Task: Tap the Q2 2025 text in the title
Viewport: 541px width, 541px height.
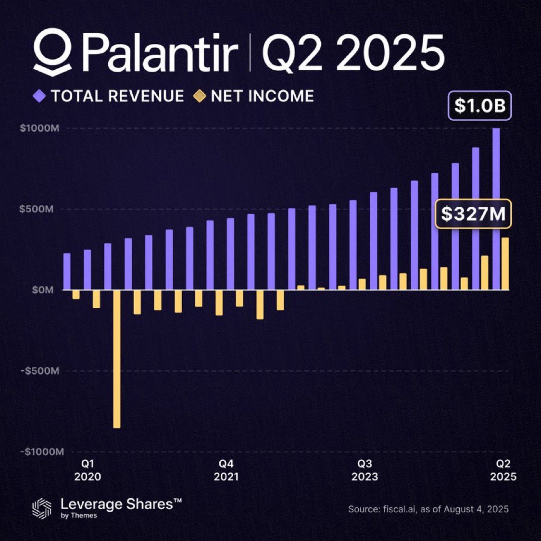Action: click(x=353, y=52)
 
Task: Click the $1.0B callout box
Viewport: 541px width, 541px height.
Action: click(x=479, y=106)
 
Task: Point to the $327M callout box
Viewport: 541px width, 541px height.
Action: click(x=473, y=214)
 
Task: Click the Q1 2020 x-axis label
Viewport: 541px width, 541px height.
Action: click(x=87, y=470)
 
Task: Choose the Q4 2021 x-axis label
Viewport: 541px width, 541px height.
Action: click(x=226, y=470)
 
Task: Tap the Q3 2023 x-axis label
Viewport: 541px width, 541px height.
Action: click(x=365, y=470)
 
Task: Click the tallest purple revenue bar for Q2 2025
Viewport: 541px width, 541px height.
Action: click(x=496, y=209)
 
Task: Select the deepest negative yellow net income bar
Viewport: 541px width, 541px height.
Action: click(x=117, y=359)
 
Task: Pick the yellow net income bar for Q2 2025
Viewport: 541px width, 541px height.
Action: click(x=505, y=264)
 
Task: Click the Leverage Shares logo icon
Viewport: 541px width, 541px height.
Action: click(x=42, y=509)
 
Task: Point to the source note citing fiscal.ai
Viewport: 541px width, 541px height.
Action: click(x=428, y=509)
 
